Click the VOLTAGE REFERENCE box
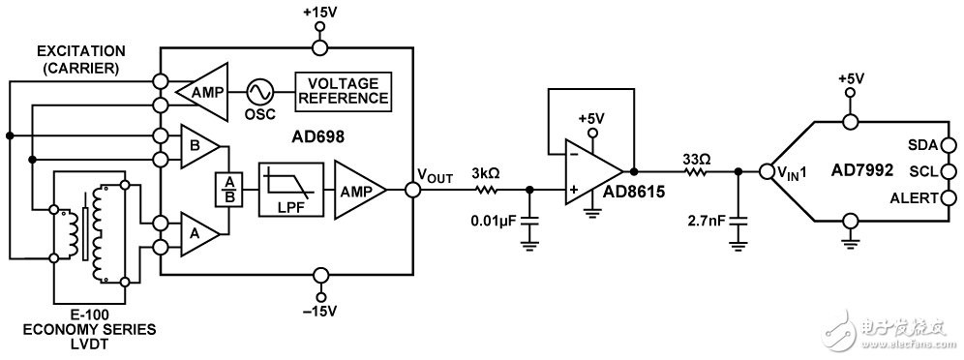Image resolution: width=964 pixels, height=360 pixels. click(x=343, y=92)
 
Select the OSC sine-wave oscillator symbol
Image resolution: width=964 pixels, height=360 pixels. click(x=258, y=92)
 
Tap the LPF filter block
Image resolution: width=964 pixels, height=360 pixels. click(x=291, y=190)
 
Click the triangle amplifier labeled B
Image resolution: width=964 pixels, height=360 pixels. click(x=199, y=147)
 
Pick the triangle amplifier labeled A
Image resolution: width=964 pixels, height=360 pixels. click(x=199, y=234)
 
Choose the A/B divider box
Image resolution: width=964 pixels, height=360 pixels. click(x=228, y=191)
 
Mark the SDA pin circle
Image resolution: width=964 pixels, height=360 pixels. click(x=949, y=145)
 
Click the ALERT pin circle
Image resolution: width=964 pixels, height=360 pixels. click(x=949, y=197)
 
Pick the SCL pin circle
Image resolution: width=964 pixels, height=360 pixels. click(x=949, y=171)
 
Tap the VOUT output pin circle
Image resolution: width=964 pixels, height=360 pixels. click(x=413, y=191)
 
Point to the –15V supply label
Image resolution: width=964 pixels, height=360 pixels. click(x=319, y=311)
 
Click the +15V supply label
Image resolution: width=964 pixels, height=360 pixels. click(x=319, y=11)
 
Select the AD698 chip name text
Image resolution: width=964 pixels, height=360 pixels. click(x=317, y=137)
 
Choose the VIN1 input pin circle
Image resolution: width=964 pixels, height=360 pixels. click(x=767, y=172)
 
